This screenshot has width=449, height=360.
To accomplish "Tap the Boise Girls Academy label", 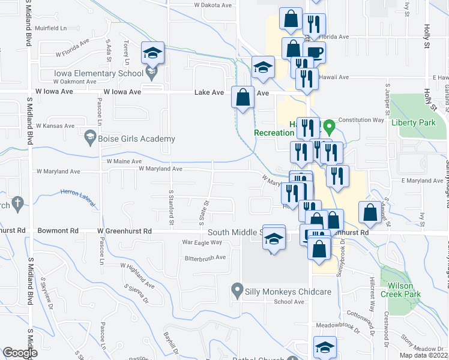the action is pyautogui.click(x=137, y=139).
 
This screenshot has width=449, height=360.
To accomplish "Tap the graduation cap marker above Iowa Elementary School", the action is pyautogui.click(x=152, y=53).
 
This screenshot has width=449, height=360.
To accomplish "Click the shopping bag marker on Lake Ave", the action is pyautogui.click(x=243, y=97).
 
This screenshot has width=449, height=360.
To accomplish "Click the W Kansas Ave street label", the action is pyautogui.click(x=55, y=126).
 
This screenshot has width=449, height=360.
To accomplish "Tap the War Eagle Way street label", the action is pyautogui.click(x=202, y=242).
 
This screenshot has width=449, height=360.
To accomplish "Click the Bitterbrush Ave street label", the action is pyautogui.click(x=205, y=257).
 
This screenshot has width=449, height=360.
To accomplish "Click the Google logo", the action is pyautogui.click(x=20, y=353).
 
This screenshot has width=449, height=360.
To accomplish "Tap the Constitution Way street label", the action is pyautogui.click(x=361, y=120).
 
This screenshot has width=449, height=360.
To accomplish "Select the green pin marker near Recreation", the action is pyautogui.click(x=329, y=127).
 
